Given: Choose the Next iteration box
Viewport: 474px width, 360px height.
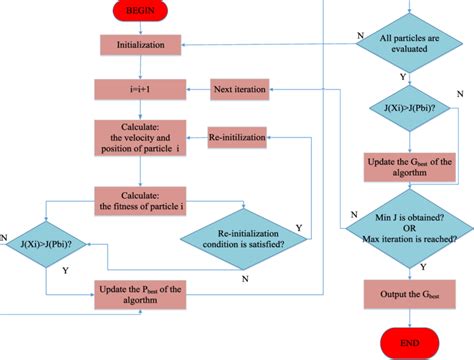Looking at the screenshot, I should [x=240, y=90].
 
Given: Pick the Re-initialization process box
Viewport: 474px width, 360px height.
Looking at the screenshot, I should [x=240, y=134].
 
